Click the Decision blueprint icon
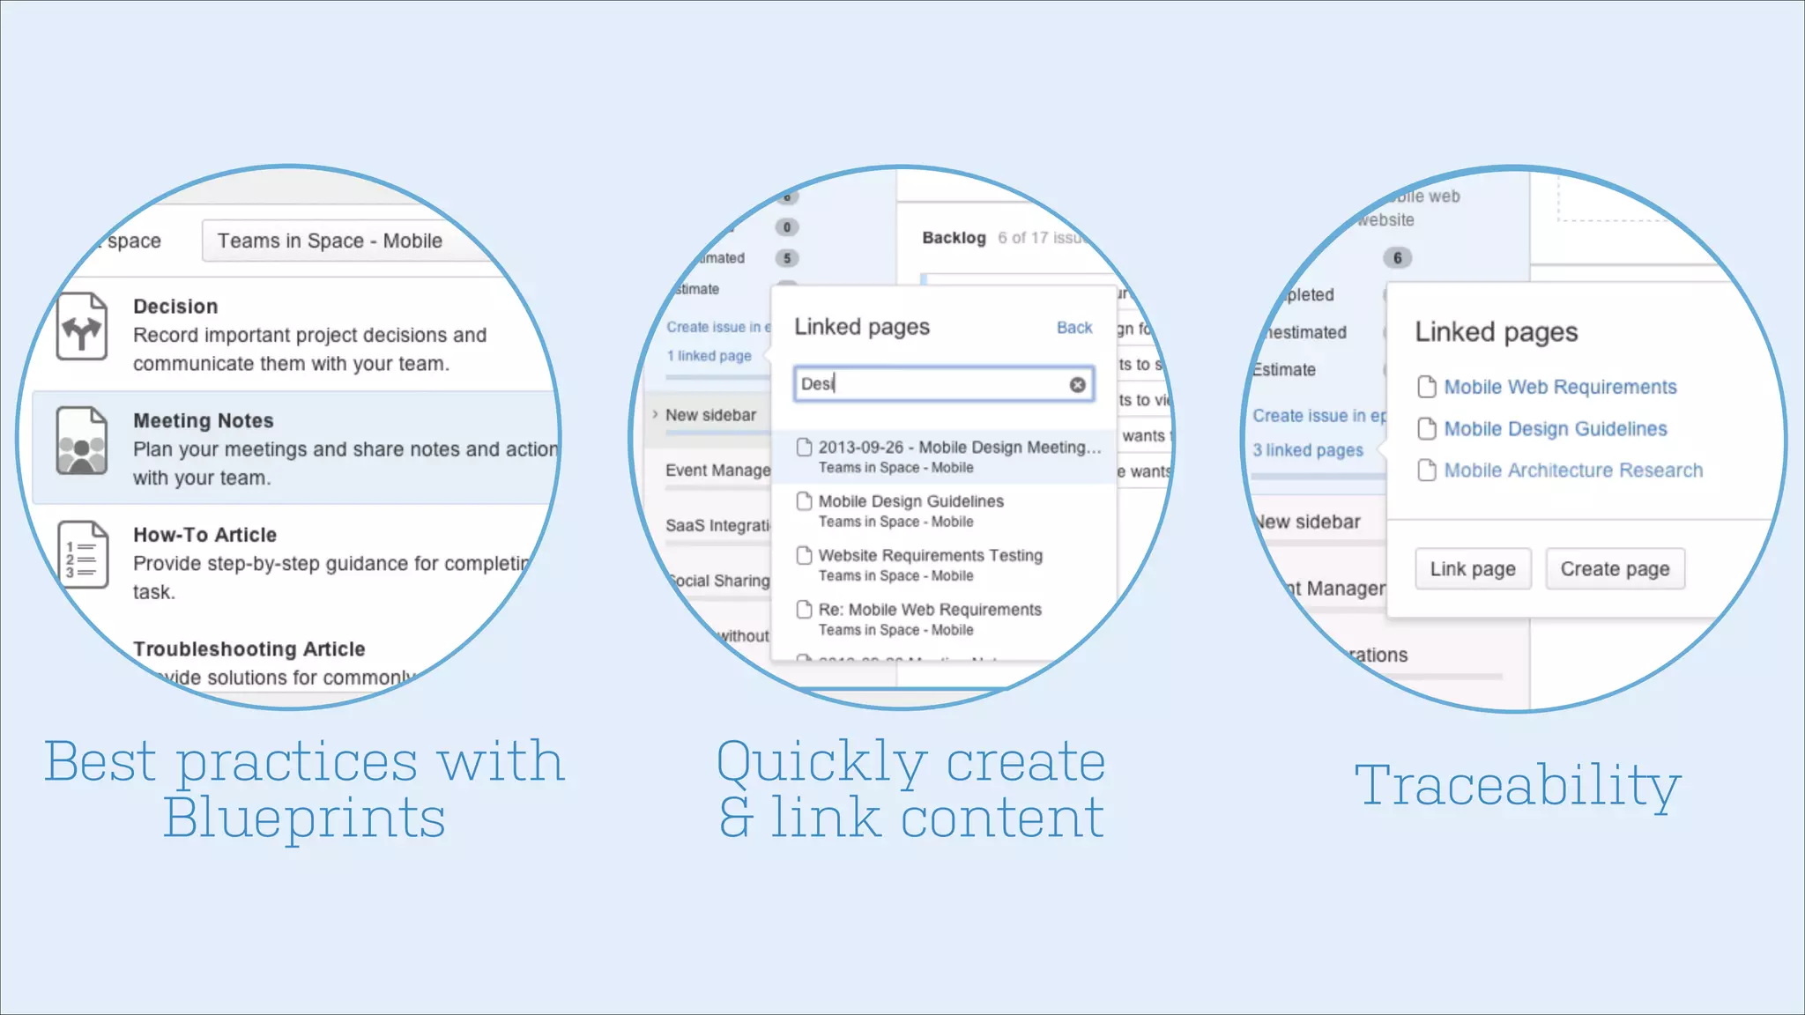tap(82, 328)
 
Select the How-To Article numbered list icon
tap(82, 555)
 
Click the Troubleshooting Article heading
tap(249, 649)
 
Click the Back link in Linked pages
tap(1073, 328)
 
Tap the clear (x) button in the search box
tap(1077, 384)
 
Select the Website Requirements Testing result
tap(930, 556)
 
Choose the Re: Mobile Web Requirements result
tap(929, 610)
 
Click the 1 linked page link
tap(709, 356)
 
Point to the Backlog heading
tap(954, 238)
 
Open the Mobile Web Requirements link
tap(1560, 387)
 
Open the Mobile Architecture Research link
tap(1573, 470)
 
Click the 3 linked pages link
tap(1308, 450)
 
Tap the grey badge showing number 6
tap(1397, 258)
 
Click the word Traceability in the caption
tap(1518, 785)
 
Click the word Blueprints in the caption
tap(304, 819)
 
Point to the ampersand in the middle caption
tap(737, 819)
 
